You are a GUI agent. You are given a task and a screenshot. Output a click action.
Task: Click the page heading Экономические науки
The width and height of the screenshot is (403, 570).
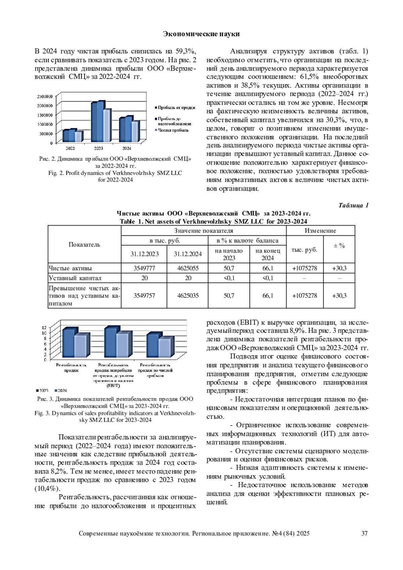201,34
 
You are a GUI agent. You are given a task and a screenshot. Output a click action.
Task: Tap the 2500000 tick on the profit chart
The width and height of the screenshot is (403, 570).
44,96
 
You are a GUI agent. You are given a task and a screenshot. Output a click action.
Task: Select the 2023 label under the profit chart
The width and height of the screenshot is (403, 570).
98,148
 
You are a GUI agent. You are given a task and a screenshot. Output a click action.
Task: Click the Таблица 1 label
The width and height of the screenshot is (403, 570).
353,205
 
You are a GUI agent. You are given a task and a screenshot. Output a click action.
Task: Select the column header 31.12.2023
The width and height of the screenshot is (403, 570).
144,254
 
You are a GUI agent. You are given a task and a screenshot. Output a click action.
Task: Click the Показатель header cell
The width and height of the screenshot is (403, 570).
84,244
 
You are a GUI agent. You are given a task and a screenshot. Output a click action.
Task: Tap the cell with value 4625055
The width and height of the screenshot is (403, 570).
188,268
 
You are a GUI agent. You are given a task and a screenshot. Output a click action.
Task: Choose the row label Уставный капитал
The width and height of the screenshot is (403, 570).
75,278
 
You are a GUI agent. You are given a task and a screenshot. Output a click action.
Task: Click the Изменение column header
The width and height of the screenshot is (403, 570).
320,231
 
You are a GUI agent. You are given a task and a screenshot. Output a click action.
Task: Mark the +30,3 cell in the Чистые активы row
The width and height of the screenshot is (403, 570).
339,268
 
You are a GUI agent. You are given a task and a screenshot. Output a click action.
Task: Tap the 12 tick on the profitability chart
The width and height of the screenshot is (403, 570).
44,327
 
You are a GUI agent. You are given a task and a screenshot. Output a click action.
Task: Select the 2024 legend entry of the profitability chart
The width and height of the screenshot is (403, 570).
61,391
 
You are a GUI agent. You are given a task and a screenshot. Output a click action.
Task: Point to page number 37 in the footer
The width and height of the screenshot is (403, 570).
364,533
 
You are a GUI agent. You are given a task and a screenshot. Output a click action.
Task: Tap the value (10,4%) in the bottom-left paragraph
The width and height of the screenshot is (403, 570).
45,488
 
